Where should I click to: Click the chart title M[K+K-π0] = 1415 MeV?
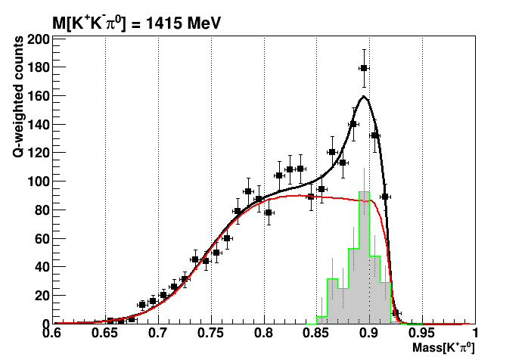pos(136,23)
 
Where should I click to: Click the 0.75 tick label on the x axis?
pos(210,332)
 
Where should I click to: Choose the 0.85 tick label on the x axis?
pos(316,332)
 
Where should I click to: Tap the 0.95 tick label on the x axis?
pos(422,332)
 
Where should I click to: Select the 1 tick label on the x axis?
pos(474,332)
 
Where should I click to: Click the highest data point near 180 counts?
pos(364,68)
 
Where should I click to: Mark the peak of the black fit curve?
pos(364,96)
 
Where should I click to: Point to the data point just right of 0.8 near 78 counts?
pos(269,213)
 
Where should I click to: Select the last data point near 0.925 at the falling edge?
pos(396,312)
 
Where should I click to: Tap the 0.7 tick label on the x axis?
pos(157,332)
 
